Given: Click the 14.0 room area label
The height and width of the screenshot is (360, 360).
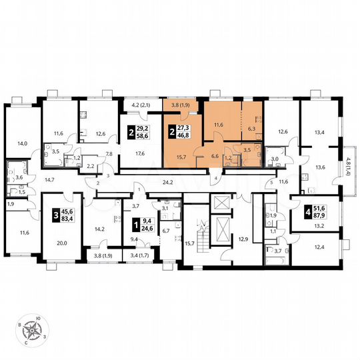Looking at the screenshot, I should (23, 143).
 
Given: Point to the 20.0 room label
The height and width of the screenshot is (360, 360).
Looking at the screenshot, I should (61, 243).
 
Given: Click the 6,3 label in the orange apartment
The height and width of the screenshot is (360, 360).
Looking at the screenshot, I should (251, 129).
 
